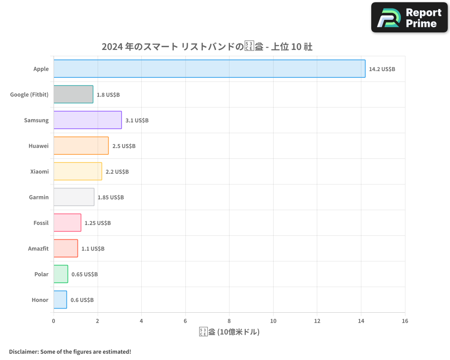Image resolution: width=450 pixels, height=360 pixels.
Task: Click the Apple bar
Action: click(209, 69)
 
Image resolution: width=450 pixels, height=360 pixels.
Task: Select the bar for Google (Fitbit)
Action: click(73, 94)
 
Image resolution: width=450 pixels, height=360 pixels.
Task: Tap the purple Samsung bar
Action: click(88, 120)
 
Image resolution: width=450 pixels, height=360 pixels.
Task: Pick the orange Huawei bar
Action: click(81, 146)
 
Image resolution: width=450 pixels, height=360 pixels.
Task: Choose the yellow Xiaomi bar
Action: click(78, 171)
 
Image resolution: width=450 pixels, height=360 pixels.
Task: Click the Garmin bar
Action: click(74, 197)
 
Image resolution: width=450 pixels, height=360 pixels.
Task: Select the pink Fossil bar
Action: click(67, 223)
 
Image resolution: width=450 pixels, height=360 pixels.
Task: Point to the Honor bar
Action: click(60, 300)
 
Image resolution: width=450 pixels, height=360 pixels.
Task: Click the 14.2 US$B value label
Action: click(382, 69)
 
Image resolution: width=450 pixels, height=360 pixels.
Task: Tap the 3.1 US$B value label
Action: click(137, 121)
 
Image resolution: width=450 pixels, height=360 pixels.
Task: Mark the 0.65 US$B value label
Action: click(85, 274)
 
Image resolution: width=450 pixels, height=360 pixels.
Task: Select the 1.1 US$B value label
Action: click(93, 249)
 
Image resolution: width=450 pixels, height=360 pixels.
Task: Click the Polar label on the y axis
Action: click(41, 274)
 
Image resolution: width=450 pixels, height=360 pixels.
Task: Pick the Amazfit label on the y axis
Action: click(38, 249)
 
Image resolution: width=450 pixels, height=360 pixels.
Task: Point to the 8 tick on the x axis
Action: click(229, 321)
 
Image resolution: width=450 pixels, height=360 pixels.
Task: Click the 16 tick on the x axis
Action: click(405, 321)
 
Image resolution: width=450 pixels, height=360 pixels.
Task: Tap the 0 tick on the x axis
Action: click(54, 321)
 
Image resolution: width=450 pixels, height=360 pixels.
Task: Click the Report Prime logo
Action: click(409, 18)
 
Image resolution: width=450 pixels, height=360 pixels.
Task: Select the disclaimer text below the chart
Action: click(70, 351)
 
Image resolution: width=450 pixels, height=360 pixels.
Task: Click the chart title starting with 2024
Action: click(207, 47)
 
